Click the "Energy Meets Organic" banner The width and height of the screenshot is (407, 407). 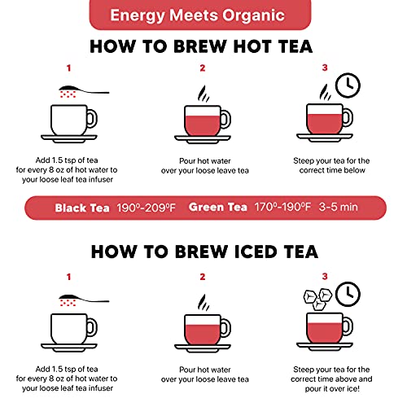click(203, 14)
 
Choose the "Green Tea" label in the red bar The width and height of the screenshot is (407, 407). click(219, 208)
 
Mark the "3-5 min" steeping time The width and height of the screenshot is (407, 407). click(340, 208)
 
